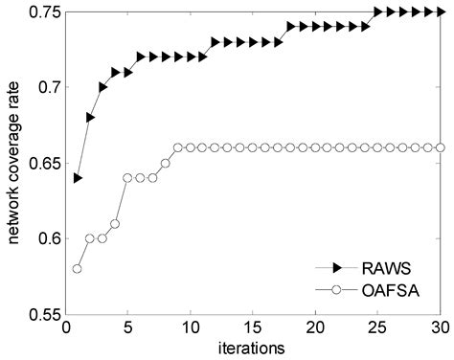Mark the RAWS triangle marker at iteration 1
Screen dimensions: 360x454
(78, 178)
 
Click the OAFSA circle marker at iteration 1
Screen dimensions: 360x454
(78, 268)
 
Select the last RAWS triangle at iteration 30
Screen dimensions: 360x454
(440, 12)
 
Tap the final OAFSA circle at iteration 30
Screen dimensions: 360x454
(440, 147)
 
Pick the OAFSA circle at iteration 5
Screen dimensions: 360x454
(127, 178)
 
